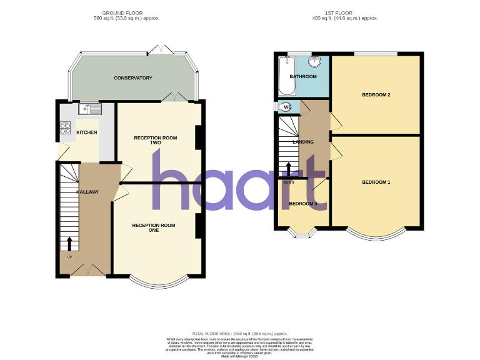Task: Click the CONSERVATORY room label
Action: (x=133, y=78)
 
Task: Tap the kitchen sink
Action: (x=90, y=110)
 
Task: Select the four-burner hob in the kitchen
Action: (x=65, y=127)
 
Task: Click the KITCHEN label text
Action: (x=86, y=132)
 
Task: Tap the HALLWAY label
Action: (x=87, y=192)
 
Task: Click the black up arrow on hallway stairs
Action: (x=69, y=243)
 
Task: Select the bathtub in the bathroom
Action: (x=287, y=76)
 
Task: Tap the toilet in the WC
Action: (x=286, y=107)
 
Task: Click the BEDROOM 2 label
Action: (x=376, y=95)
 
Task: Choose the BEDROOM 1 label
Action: (x=376, y=182)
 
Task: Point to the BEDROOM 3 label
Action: (x=303, y=204)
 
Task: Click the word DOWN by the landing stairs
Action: (x=288, y=182)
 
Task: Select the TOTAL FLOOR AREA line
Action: (x=240, y=334)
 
